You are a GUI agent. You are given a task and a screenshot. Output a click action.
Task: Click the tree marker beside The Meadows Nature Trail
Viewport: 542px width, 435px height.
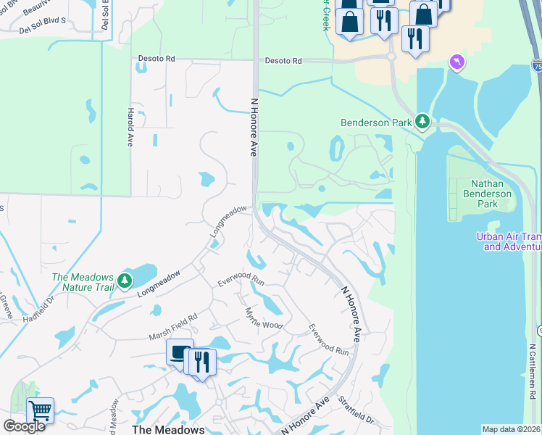125,280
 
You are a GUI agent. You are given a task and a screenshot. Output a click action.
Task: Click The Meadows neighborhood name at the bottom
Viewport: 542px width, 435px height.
168,429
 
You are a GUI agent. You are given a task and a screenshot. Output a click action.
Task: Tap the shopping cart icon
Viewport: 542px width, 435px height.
41,410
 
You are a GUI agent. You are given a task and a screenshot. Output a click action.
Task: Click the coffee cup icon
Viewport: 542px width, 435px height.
180,353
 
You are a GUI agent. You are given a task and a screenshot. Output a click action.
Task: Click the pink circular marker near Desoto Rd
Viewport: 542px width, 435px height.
456,63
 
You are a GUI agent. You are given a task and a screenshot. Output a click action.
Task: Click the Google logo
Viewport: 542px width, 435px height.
24,426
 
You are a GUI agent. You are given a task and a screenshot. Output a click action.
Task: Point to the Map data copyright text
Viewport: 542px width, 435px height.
512,429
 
